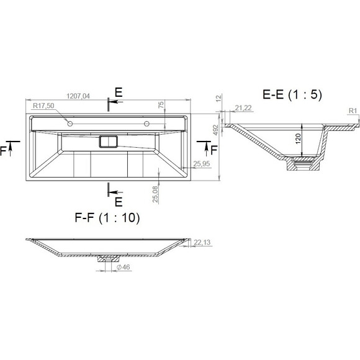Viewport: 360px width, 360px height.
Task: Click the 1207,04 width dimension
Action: click(x=78, y=96)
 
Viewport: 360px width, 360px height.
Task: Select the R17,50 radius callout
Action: click(x=43, y=106)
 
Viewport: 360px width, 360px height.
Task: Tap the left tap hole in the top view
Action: click(x=70, y=124)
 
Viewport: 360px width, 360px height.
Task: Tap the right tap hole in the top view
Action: click(x=146, y=124)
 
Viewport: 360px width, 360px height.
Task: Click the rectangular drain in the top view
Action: click(x=109, y=142)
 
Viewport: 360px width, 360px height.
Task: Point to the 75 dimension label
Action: click(x=161, y=104)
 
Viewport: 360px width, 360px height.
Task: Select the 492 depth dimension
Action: click(x=215, y=130)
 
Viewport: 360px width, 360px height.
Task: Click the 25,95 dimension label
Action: click(x=201, y=164)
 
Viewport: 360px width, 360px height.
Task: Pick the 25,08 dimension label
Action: click(x=155, y=194)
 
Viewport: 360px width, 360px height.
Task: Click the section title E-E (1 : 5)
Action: click(x=292, y=94)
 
